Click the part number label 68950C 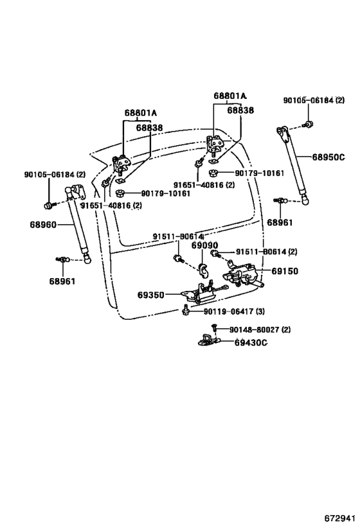(328, 157)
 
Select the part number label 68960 (43, 224)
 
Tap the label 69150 (284, 271)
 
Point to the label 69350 (151, 295)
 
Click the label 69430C (251, 342)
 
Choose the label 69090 (205, 245)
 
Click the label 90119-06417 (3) (234, 311)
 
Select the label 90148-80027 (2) (260, 329)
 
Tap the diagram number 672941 (339, 518)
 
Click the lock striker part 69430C (208, 340)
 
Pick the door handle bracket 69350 (201, 292)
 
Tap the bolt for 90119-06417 (185, 310)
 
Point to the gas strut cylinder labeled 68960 (78, 225)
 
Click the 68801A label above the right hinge (230, 96)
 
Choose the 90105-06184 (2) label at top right (314, 100)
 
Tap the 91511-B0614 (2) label (266, 252)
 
